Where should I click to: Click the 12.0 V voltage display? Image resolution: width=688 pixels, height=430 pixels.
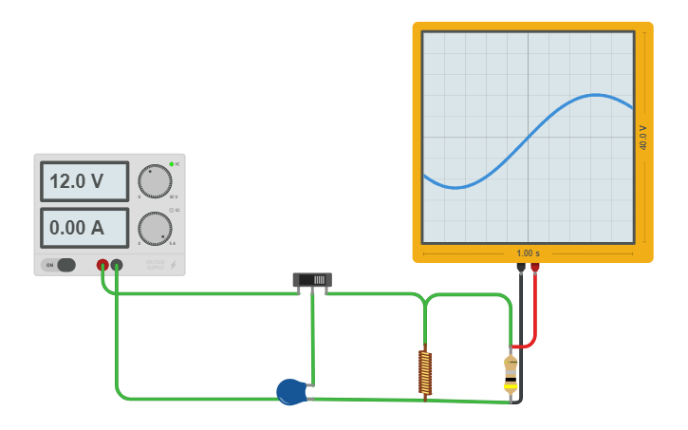pyautogui.click(x=84, y=181)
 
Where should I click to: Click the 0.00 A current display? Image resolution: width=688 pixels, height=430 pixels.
pyautogui.click(x=84, y=228)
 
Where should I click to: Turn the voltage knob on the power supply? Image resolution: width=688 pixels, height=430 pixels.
pyautogui.click(x=155, y=180)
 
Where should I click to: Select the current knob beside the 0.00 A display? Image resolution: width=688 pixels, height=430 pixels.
pyautogui.click(x=155, y=228)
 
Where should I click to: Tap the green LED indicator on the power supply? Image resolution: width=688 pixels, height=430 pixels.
pyautogui.click(x=172, y=164)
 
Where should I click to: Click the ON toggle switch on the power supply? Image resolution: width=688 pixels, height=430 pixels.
pyautogui.click(x=61, y=265)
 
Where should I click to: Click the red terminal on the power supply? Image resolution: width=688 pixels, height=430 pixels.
pyautogui.click(x=102, y=265)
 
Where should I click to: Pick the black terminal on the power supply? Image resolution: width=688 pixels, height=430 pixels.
pyautogui.click(x=117, y=265)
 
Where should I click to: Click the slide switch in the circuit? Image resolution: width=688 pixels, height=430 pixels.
pyautogui.click(x=312, y=279)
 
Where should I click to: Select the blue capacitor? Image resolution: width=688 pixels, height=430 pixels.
pyautogui.click(x=291, y=391)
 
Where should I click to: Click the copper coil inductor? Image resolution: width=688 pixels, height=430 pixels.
pyautogui.click(x=425, y=372)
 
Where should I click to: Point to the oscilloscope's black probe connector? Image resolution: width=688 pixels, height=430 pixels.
pyautogui.click(x=520, y=269)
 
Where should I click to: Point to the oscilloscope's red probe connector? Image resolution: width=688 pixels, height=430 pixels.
pyautogui.click(x=535, y=269)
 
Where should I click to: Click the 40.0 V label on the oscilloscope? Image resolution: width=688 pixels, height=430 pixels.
pyautogui.click(x=642, y=138)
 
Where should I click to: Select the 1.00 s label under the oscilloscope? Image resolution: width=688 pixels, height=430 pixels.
pyautogui.click(x=528, y=253)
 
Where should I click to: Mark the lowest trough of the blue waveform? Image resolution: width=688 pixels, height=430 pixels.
pyautogui.click(x=456, y=187)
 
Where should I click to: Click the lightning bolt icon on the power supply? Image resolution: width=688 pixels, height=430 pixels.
pyautogui.click(x=173, y=265)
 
